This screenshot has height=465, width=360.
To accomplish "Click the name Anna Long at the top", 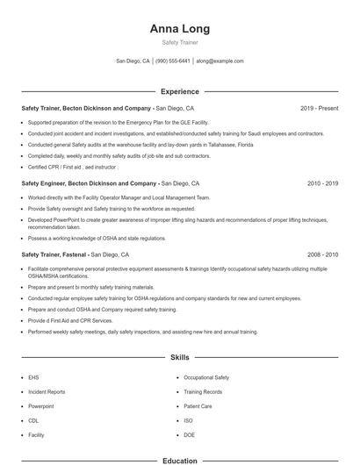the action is click(179, 29).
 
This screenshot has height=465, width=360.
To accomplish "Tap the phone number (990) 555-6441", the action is click(174, 61).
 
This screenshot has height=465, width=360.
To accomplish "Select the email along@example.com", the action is click(220, 61).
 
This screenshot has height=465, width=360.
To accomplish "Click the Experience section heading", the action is click(179, 91).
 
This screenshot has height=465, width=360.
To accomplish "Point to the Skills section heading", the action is click(179, 359).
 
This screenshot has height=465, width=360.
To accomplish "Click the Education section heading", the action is click(179, 461).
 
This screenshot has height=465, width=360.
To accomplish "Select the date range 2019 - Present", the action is click(319, 108).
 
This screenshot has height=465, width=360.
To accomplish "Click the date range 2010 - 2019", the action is click(321, 184).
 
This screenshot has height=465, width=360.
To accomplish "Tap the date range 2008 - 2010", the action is click(321, 254).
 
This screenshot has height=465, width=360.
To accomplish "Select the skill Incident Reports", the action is click(47, 391).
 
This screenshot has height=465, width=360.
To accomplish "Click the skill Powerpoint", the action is click(41, 406).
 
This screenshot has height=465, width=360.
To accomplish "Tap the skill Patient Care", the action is click(198, 406).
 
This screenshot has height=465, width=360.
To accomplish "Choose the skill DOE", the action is click(190, 435).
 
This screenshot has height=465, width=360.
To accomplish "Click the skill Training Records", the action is click(203, 391).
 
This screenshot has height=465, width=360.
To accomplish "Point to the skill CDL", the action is click(34, 420).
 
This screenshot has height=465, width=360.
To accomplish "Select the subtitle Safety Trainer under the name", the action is click(179, 43).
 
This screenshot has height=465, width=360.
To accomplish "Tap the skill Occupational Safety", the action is click(206, 376).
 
